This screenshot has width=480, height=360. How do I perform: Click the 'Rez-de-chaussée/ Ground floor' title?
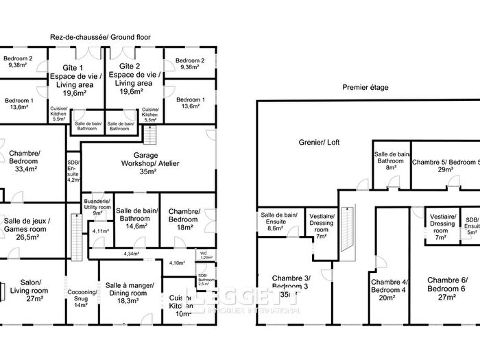[x=100, y=37]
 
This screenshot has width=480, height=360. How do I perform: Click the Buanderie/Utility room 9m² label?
[x=96, y=206]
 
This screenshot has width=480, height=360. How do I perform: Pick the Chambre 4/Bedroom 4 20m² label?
[x=389, y=289]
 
